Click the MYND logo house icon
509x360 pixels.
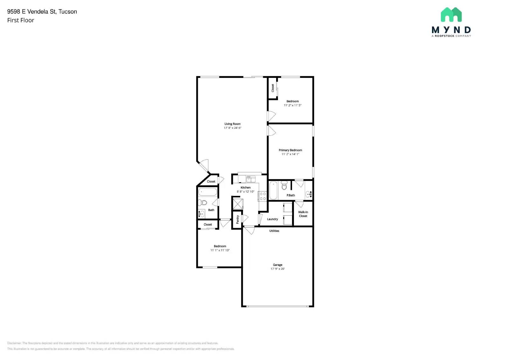451,15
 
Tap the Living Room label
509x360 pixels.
233,124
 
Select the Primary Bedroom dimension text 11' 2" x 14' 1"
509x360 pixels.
290,154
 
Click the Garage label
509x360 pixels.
277,265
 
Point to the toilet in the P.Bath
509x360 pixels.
284,185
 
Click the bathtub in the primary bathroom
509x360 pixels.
273,190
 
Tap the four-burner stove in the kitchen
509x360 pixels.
262,196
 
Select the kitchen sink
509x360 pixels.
251,179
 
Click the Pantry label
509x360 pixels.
237,219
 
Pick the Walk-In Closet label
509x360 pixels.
303,214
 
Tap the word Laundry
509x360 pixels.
272,219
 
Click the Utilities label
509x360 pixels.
274,231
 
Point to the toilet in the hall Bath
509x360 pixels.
202,202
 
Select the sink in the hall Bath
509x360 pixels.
201,213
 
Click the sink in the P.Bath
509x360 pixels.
308,194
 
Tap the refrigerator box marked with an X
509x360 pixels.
238,204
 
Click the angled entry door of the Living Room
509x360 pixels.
204,165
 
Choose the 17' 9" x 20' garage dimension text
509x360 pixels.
277,269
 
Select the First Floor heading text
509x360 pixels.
21,20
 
